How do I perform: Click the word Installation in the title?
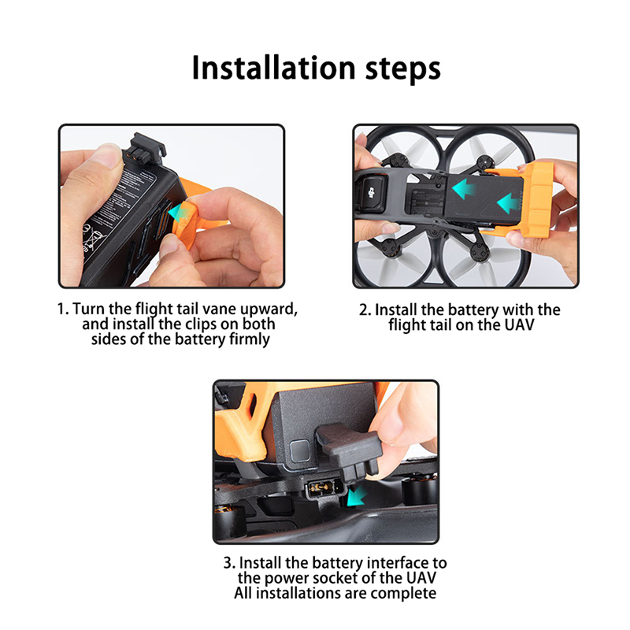pyautogui.click(x=273, y=68)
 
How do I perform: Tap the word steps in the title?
pyautogui.click(x=403, y=69)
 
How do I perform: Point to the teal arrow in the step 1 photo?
pyautogui.click(x=176, y=211)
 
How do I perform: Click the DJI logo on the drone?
pyautogui.click(x=371, y=193)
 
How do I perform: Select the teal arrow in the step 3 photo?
pyautogui.click(x=356, y=495)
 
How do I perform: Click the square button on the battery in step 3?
pyautogui.click(x=300, y=450)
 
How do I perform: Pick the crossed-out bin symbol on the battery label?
pyautogui.click(x=94, y=238)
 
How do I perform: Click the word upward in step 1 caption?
pyautogui.click(x=269, y=309)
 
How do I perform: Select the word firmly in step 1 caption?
pyautogui.click(x=249, y=339)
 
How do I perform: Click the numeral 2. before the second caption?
pyautogui.click(x=365, y=309)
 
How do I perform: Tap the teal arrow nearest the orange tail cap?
pyautogui.click(x=507, y=203)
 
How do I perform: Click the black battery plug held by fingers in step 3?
pyautogui.click(x=349, y=450)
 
